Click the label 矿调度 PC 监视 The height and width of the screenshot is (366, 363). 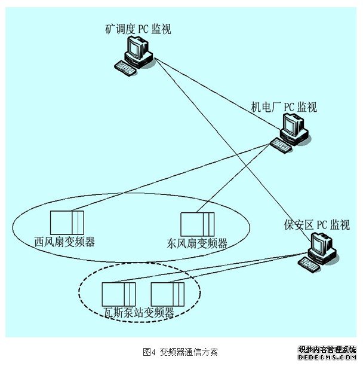137,28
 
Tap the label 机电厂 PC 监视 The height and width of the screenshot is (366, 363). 283,107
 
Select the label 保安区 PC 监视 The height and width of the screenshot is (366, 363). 317,225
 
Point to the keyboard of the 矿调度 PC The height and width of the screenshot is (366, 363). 127,67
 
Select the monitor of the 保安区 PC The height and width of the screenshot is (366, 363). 322,243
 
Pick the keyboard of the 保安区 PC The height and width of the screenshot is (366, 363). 309,262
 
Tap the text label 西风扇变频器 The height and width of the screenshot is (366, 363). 66,242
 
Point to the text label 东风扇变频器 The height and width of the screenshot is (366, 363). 197,243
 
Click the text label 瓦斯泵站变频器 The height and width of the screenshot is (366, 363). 139,312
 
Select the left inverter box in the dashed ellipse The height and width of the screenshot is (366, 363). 119,294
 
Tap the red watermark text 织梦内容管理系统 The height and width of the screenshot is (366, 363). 327,349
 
